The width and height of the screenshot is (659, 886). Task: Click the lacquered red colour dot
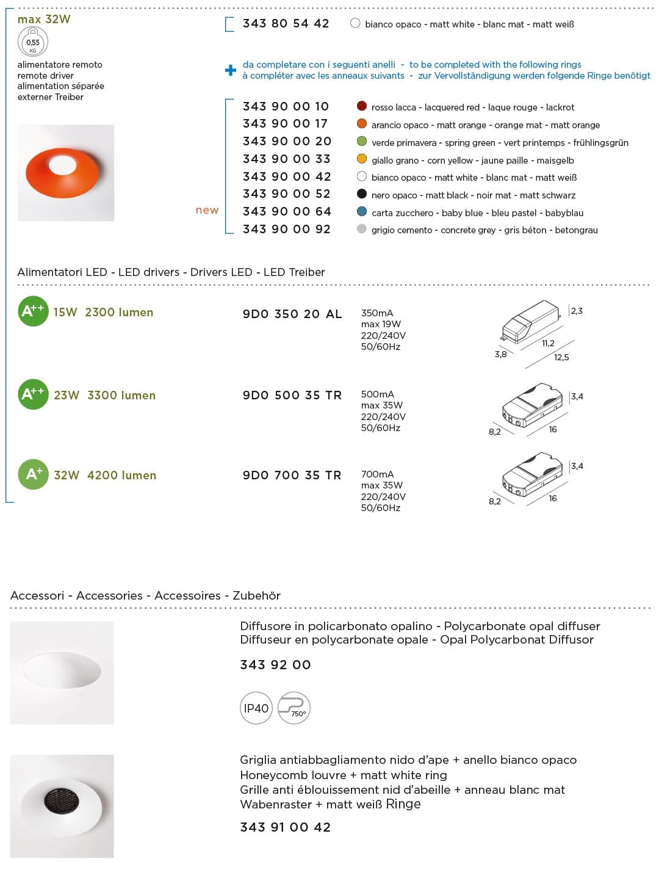pos(362,106)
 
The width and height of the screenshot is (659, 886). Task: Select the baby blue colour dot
pos(362,212)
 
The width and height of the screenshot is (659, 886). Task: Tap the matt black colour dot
pos(362,194)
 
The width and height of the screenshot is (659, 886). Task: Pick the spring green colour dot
pos(362,142)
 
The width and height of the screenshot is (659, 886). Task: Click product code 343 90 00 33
pos(286,159)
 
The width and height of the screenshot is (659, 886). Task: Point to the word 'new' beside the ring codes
pos(207,210)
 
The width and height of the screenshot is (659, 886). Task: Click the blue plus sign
pos(231,70)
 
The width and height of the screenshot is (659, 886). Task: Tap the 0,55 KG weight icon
pos(33,43)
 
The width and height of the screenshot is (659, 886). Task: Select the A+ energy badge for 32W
pos(33,474)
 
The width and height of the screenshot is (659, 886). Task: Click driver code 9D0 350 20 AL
pos(292,314)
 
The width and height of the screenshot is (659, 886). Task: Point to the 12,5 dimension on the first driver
pos(561,357)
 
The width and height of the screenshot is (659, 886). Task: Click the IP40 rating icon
pos(256,708)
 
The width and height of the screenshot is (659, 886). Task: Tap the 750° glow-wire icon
pos(294,708)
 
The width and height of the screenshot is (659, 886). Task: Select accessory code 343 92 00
pos(275,665)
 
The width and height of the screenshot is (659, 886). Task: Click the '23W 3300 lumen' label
pos(104,395)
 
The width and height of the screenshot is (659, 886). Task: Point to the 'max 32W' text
pos(44,20)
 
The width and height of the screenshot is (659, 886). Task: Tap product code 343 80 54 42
pos(286,24)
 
